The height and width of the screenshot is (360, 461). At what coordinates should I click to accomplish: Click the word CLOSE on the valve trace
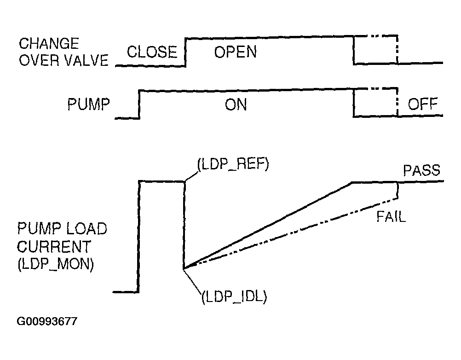click(x=152, y=52)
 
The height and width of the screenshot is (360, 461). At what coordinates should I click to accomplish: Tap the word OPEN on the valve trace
click(x=236, y=52)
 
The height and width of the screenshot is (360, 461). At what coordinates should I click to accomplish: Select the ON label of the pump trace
click(x=236, y=105)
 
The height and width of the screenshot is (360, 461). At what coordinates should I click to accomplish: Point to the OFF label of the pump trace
click(x=423, y=104)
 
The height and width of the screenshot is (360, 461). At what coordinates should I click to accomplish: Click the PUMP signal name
click(x=89, y=105)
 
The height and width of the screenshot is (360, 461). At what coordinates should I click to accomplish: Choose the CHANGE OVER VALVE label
click(x=63, y=52)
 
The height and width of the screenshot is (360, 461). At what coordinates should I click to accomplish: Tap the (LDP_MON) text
click(x=56, y=266)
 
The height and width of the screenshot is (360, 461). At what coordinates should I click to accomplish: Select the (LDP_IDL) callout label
click(x=234, y=296)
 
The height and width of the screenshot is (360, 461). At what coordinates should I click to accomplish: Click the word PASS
click(x=421, y=171)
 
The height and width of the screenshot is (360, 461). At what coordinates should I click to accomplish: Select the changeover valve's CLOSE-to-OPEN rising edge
click(x=185, y=52)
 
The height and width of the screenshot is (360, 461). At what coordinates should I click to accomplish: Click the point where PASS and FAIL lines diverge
click(x=184, y=268)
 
